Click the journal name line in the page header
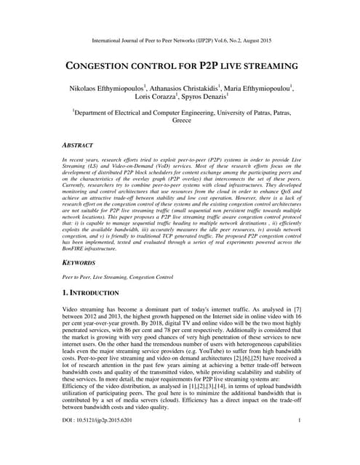click(180, 33)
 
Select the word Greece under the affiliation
click(180, 122)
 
